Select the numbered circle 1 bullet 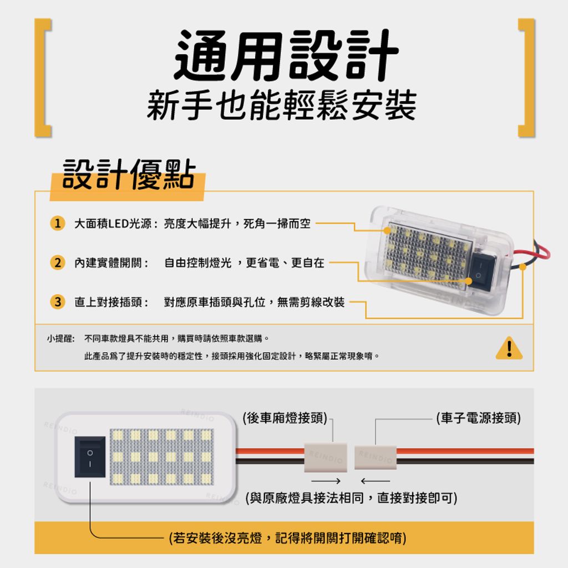click(57, 224)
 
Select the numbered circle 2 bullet click(57, 263)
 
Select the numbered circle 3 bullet click(57, 302)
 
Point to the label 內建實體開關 click(110, 263)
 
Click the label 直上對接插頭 click(110, 302)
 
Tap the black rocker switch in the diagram click(90, 457)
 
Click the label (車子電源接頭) click(478, 418)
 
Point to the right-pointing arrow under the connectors click(325, 480)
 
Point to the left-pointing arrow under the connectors click(375, 480)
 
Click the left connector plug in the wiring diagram click(325, 457)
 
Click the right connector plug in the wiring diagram click(375, 457)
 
